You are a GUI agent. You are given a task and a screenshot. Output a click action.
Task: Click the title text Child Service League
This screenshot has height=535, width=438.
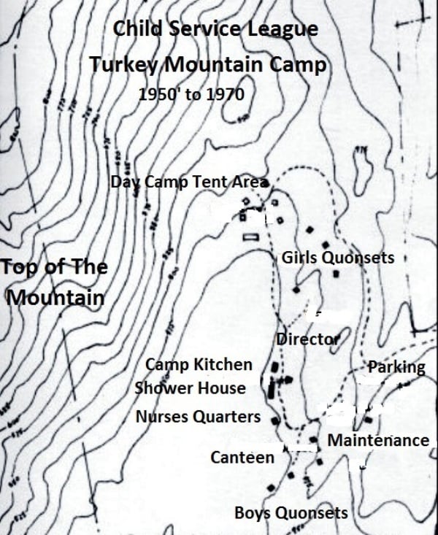click(x=215, y=30)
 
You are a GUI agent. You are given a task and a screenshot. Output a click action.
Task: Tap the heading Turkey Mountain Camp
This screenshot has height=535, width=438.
click(x=208, y=64)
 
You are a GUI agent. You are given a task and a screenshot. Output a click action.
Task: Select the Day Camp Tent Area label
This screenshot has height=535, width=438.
click(x=190, y=182)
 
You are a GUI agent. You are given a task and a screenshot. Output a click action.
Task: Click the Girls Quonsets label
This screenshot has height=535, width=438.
click(x=337, y=258)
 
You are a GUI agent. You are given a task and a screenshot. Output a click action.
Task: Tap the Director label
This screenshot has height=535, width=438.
click(x=307, y=339)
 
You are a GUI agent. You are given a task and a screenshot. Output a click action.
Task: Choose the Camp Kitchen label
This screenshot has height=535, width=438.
click(x=199, y=364)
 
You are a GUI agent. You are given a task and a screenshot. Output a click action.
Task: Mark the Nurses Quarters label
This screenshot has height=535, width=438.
click(x=198, y=417)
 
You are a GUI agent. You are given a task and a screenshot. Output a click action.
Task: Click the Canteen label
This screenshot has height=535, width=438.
click(x=242, y=458)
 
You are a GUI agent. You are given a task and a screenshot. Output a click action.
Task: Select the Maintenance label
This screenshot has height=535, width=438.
click(x=377, y=440)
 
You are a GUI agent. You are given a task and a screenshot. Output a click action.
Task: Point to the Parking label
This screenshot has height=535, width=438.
click(x=396, y=366)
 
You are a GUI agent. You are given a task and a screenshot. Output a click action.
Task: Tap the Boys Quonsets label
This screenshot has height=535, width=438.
click(x=291, y=513)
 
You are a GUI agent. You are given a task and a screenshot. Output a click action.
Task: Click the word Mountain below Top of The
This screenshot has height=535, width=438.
click(x=55, y=298)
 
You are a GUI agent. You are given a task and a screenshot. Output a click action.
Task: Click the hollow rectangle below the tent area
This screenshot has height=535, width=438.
click(x=251, y=236)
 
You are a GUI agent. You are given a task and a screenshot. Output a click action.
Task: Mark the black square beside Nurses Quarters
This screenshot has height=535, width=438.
click(x=274, y=420)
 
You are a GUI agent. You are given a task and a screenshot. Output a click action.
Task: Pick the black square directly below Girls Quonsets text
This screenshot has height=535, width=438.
click(x=335, y=274)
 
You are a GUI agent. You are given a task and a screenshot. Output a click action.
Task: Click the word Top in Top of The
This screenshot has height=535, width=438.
click(x=18, y=266)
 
